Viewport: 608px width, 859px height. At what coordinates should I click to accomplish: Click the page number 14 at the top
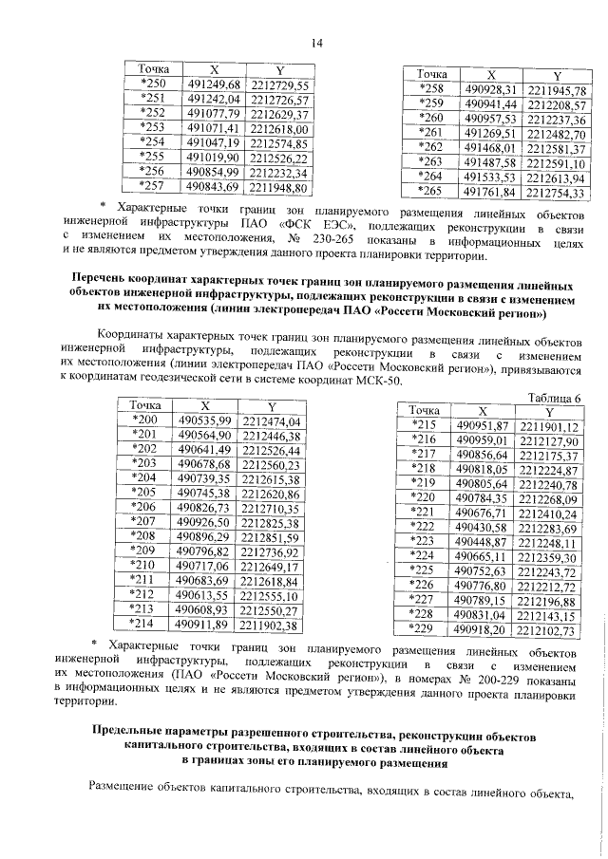316,42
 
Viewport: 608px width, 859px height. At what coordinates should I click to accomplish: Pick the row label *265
431,192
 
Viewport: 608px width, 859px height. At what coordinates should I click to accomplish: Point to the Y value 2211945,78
557,91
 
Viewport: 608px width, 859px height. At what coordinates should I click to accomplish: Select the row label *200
144,420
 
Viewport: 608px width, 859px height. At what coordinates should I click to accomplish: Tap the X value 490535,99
205,420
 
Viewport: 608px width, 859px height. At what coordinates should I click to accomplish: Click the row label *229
421,628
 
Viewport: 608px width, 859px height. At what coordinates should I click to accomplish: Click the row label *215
421,424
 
